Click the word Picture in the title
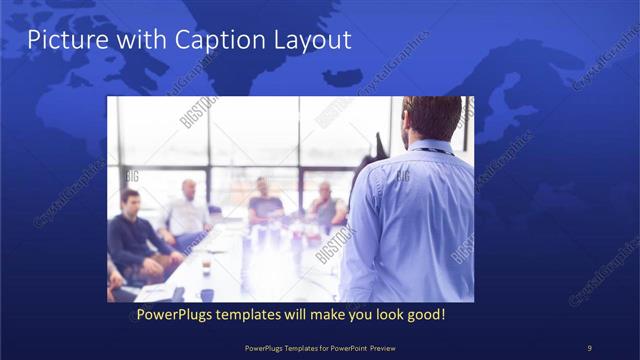[62, 41]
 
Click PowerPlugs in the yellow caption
[176, 315]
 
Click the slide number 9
[589, 347]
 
